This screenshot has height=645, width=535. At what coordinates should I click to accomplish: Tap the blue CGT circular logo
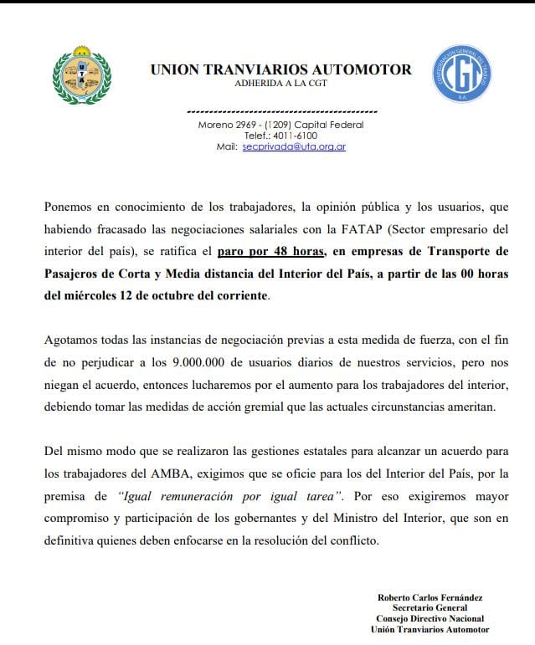460,74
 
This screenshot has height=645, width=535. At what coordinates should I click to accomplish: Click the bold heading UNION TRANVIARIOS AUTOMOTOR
280,69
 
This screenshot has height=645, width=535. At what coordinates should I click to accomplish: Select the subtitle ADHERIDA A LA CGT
281,85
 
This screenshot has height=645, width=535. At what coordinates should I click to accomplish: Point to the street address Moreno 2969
229,125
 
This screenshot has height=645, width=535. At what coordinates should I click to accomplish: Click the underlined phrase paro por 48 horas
266,251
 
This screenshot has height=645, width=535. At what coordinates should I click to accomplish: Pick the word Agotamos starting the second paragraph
72,341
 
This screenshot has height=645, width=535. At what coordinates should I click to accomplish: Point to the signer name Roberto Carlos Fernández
430,597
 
